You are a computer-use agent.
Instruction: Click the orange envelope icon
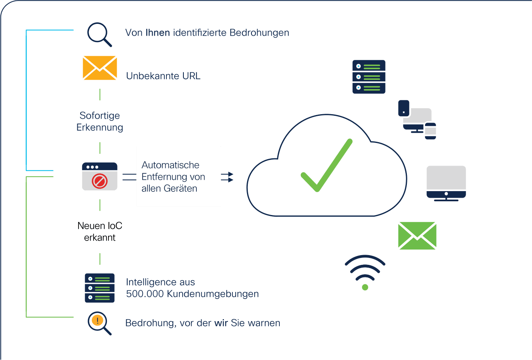pos(100,68)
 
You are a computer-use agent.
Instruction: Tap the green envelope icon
pos(417,236)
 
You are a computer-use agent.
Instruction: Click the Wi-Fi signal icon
pos(365,273)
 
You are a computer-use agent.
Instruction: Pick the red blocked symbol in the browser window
pos(100,181)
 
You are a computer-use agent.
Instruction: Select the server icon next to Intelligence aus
pos(100,288)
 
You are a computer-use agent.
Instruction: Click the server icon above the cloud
pos(369,77)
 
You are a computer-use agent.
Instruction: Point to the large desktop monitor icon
pos(446,183)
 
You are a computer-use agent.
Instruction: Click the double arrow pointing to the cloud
pos(227,177)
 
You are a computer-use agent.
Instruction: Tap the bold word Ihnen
pos(158,32)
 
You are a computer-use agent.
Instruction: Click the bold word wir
pos(221,323)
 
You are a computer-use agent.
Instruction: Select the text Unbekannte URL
pos(163,76)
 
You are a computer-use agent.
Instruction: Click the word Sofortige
pos(100,116)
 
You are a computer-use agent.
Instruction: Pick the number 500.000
pos(145,294)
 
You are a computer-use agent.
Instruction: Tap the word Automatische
pos(170,165)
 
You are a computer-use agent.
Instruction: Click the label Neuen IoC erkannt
pos(100,232)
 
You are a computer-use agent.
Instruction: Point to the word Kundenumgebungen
pos(213,294)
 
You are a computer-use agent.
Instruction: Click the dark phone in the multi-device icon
pos(404,109)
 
